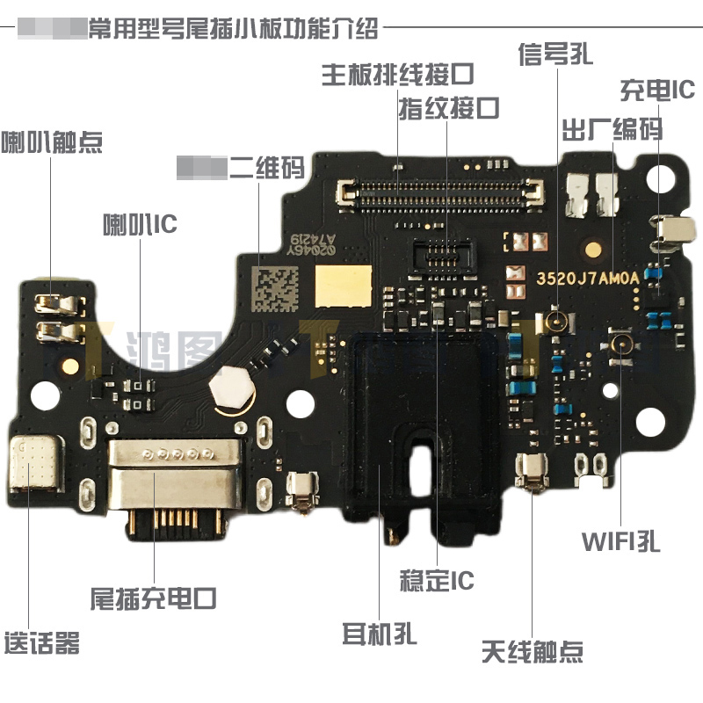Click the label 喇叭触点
[52, 141]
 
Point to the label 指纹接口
[449, 109]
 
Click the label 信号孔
[556, 54]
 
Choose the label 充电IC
[657, 90]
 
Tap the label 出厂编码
[612, 130]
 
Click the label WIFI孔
[620, 540]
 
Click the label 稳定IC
[437, 581]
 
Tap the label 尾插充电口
[154, 599]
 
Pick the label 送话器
[41, 642]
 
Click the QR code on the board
[274, 288]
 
